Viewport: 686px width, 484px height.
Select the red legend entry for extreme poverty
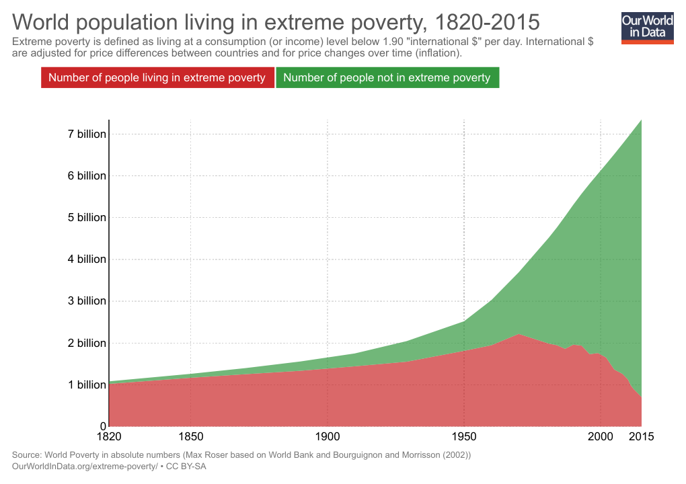pos(157,77)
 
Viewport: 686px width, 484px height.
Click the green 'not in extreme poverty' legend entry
pos(387,77)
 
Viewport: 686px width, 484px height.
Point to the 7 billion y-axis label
pos(87,134)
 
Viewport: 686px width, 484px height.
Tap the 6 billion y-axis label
pos(87,175)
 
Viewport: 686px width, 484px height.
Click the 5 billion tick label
pos(87,217)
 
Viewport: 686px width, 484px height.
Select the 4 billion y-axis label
pos(87,259)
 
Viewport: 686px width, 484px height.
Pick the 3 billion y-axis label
pos(87,300)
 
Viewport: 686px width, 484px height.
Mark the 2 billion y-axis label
pos(87,343)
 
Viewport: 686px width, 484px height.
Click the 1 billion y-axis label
pos(87,385)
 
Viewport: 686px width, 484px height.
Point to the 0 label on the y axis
pos(104,426)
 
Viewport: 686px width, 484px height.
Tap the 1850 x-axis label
pos(191,436)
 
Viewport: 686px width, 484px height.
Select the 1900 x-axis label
pos(328,436)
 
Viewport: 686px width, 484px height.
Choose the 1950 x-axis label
pos(464,436)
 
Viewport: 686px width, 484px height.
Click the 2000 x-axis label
pos(601,436)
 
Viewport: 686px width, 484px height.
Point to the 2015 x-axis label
pos(642,436)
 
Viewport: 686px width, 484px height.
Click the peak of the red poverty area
pos(519,335)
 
